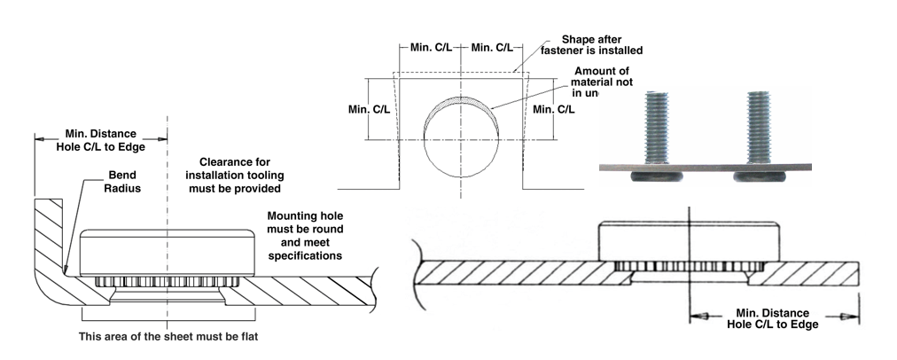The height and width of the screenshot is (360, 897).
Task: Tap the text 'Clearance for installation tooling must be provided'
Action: (240, 175)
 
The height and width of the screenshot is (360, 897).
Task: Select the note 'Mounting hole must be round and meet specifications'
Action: (306, 235)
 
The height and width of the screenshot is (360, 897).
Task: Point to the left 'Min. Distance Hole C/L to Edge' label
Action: (99, 139)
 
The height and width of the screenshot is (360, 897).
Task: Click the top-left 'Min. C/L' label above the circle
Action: (432, 46)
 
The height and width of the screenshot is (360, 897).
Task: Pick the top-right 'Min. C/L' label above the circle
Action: (492, 46)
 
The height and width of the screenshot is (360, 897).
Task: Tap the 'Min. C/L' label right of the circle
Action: (552, 108)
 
